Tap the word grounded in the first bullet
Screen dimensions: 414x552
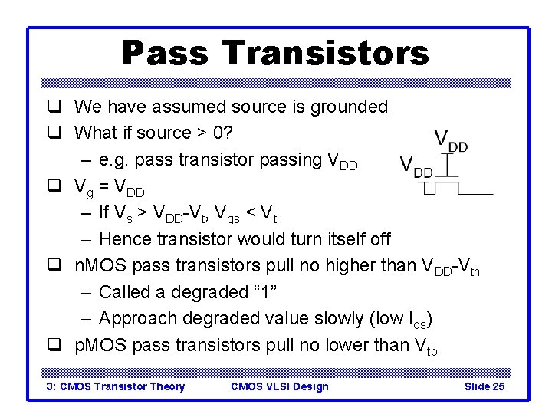[350, 107]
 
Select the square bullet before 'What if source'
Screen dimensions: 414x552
[55, 133]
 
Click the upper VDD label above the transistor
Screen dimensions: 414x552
[452, 140]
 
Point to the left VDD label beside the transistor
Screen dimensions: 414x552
[417, 166]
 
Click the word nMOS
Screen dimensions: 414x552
[100, 266]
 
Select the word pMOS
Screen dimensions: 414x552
[100, 346]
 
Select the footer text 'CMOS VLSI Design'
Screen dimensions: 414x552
[279, 386]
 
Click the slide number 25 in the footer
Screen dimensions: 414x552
[498, 386]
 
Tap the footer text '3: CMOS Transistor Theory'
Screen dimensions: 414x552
[116, 386]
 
